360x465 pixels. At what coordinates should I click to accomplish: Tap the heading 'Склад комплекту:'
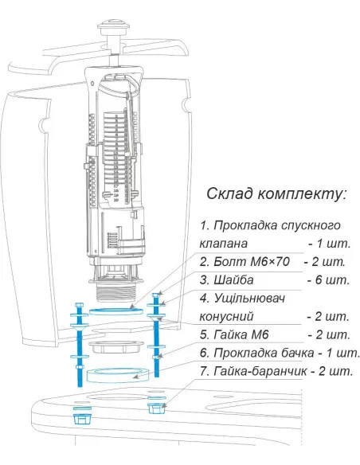click(276, 193)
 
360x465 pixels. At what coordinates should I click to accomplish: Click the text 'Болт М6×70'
click(252, 261)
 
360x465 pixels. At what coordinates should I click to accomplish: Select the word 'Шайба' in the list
click(233, 280)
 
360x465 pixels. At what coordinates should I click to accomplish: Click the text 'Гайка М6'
click(241, 334)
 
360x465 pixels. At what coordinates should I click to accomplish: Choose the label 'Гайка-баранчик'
click(260, 371)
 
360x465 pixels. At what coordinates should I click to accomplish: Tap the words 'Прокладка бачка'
click(264, 353)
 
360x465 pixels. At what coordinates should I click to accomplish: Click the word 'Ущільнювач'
click(249, 299)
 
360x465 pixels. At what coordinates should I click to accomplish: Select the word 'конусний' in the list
click(226, 317)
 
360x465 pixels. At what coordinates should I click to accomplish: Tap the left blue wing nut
click(82, 419)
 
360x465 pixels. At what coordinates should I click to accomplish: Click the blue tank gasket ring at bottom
click(117, 375)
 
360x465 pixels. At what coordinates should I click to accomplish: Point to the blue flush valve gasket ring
click(116, 311)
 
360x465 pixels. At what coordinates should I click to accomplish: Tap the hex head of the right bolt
click(157, 295)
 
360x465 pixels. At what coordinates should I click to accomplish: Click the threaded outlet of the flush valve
click(116, 293)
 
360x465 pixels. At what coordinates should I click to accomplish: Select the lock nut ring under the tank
click(116, 346)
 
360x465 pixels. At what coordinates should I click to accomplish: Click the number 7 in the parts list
click(203, 371)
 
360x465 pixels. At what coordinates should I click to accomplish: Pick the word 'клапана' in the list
click(223, 244)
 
